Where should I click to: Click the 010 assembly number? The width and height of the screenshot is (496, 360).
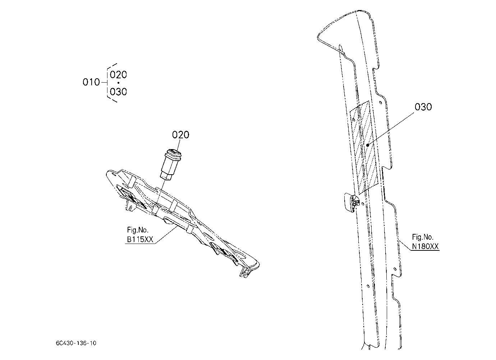tap(91, 82)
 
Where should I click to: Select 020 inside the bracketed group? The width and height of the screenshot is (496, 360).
tap(119, 75)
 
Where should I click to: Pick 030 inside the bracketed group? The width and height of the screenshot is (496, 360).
tap(119, 92)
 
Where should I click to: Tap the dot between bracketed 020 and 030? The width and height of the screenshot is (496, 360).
tap(119, 83)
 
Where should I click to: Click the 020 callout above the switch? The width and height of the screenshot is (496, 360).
tap(181, 135)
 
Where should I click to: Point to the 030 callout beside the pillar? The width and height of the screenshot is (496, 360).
tap(423, 107)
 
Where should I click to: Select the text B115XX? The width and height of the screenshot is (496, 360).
tap(140, 239)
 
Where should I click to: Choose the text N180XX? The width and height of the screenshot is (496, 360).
tap(425, 246)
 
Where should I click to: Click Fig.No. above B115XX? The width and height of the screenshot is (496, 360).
tap(138, 230)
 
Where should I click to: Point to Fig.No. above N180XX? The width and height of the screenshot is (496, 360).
tap(422, 237)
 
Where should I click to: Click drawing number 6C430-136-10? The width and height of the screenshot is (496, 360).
tap(76, 343)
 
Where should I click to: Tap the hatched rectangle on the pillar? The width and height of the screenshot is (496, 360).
tap(364, 148)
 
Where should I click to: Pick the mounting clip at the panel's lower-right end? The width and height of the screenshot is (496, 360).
tap(245, 273)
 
